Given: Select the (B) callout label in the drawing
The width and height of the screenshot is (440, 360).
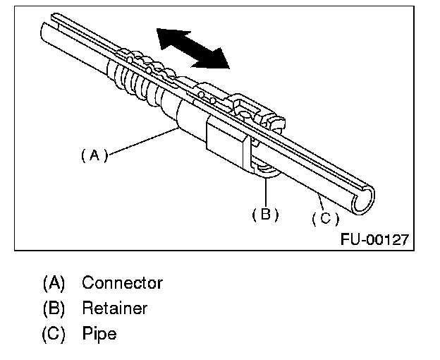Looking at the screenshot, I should [x=265, y=214].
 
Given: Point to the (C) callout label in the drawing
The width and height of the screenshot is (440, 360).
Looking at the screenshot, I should [x=325, y=218].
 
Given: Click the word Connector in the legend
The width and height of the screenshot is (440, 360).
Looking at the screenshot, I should [x=122, y=283].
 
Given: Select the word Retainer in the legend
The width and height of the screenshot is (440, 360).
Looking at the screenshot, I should [x=115, y=308].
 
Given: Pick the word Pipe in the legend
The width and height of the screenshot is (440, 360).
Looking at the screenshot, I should [x=99, y=332].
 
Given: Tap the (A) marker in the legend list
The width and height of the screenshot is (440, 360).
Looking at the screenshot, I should [x=54, y=283].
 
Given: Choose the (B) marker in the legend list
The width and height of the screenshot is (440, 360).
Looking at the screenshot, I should [x=54, y=308].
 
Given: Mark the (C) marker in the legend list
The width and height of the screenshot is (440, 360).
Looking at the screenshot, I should [x=54, y=332].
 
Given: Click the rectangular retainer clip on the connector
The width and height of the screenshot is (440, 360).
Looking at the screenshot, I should [x=227, y=145].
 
